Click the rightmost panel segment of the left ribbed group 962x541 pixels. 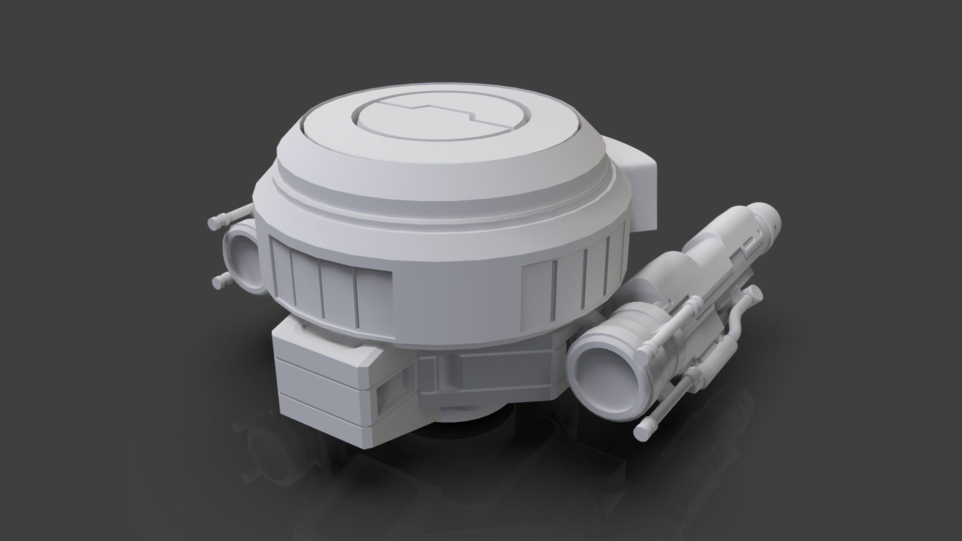(x=373, y=296)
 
